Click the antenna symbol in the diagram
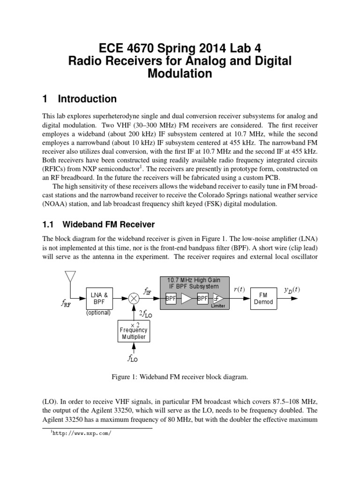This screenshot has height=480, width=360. point(70,276)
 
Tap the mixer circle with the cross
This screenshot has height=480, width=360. point(134,298)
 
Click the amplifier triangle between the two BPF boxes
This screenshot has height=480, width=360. point(187,298)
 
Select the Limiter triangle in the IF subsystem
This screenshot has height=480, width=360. point(218,298)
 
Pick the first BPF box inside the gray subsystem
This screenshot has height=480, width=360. point(171,298)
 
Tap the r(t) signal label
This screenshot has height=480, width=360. point(239,290)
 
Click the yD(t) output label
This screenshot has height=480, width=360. point(292,290)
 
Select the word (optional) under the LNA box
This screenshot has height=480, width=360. point(98,313)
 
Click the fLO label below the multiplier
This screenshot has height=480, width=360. point(133,360)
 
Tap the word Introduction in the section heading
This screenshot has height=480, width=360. point(87,99)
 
